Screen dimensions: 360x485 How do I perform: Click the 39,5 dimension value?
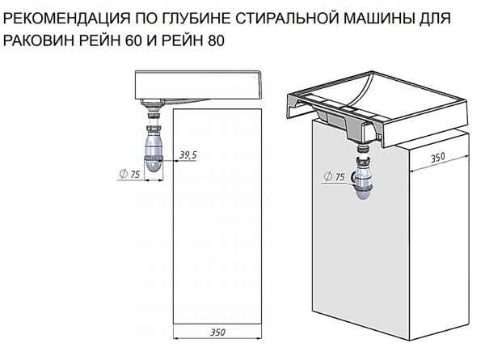point(189,155)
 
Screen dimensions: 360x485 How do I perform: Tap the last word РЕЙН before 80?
point(180,40)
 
